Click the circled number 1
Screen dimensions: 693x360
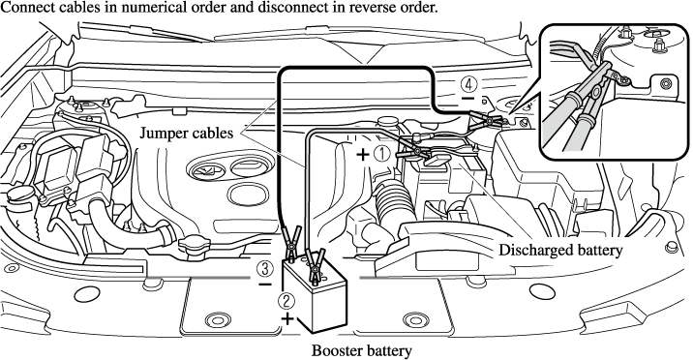(382, 154)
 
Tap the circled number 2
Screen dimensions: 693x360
(286, 301)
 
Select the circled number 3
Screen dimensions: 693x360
(265, 269)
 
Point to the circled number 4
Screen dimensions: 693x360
(467, 82)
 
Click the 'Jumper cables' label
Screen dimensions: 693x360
(186, 133)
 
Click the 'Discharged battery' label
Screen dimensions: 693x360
(560, 250)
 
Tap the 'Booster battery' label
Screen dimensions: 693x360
(362, 350)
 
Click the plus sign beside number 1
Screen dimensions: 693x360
(363, 154)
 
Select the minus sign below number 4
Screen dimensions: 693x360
(467, 98)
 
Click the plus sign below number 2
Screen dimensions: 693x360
(287, 318)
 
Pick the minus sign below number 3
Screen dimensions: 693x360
(265, 284)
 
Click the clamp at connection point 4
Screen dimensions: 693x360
(485, 120)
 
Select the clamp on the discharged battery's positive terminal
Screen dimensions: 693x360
(414, 154)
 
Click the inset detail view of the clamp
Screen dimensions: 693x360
(615, 92)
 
